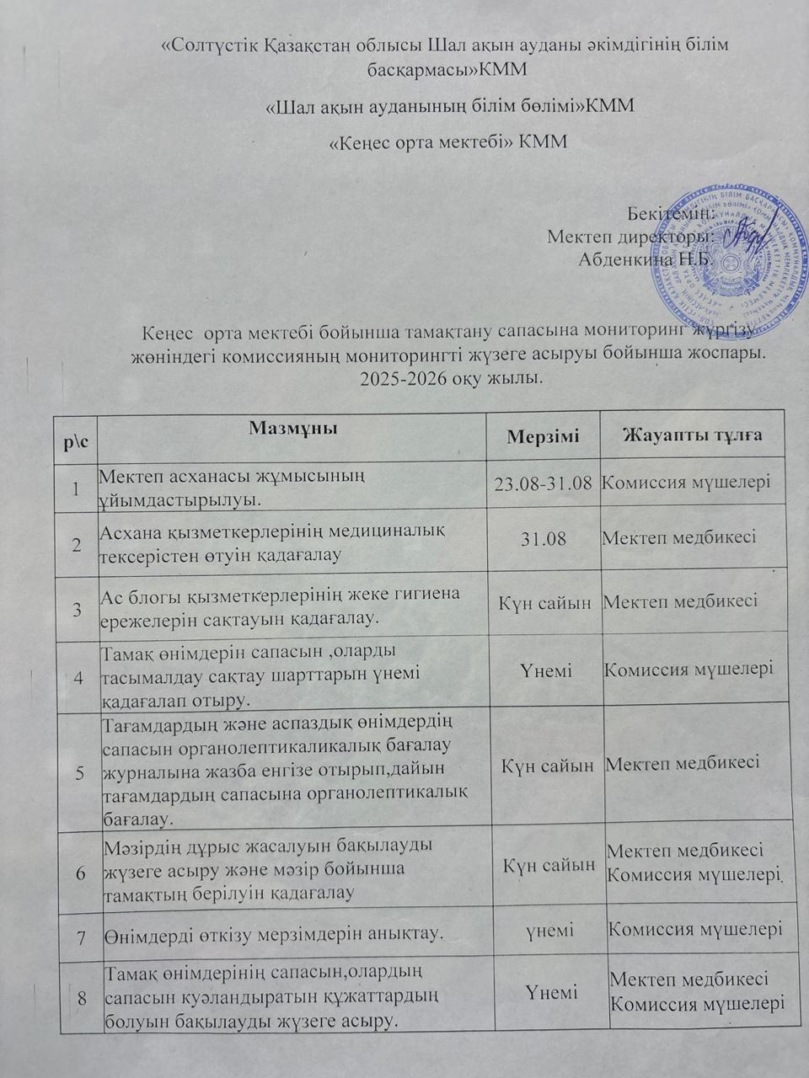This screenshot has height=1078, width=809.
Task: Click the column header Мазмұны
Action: [x=293, y=427]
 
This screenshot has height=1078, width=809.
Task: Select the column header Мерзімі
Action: [x=543, y=435]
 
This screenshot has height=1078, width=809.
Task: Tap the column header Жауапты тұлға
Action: [x=692, y=435]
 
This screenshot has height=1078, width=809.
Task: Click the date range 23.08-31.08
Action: [x=544, y=483]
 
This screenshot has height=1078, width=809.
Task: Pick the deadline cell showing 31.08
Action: [x=544, y=538]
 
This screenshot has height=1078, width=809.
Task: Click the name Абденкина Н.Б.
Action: [x=646, y=259]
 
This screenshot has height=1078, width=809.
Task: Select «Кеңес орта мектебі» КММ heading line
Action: [x=447, y=141]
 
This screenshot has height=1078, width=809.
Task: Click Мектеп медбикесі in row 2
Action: [x=678, y=537]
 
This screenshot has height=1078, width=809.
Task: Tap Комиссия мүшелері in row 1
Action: [x=686, y=483]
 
